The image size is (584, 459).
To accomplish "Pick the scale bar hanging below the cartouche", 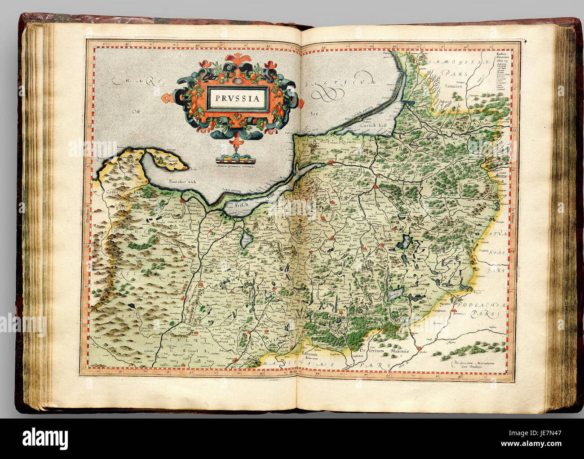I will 234,158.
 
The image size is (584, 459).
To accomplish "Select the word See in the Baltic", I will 314,114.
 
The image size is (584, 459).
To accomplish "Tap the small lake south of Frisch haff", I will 247,239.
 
